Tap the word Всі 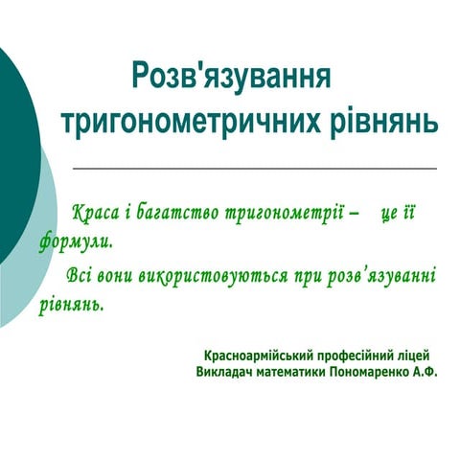80,277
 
